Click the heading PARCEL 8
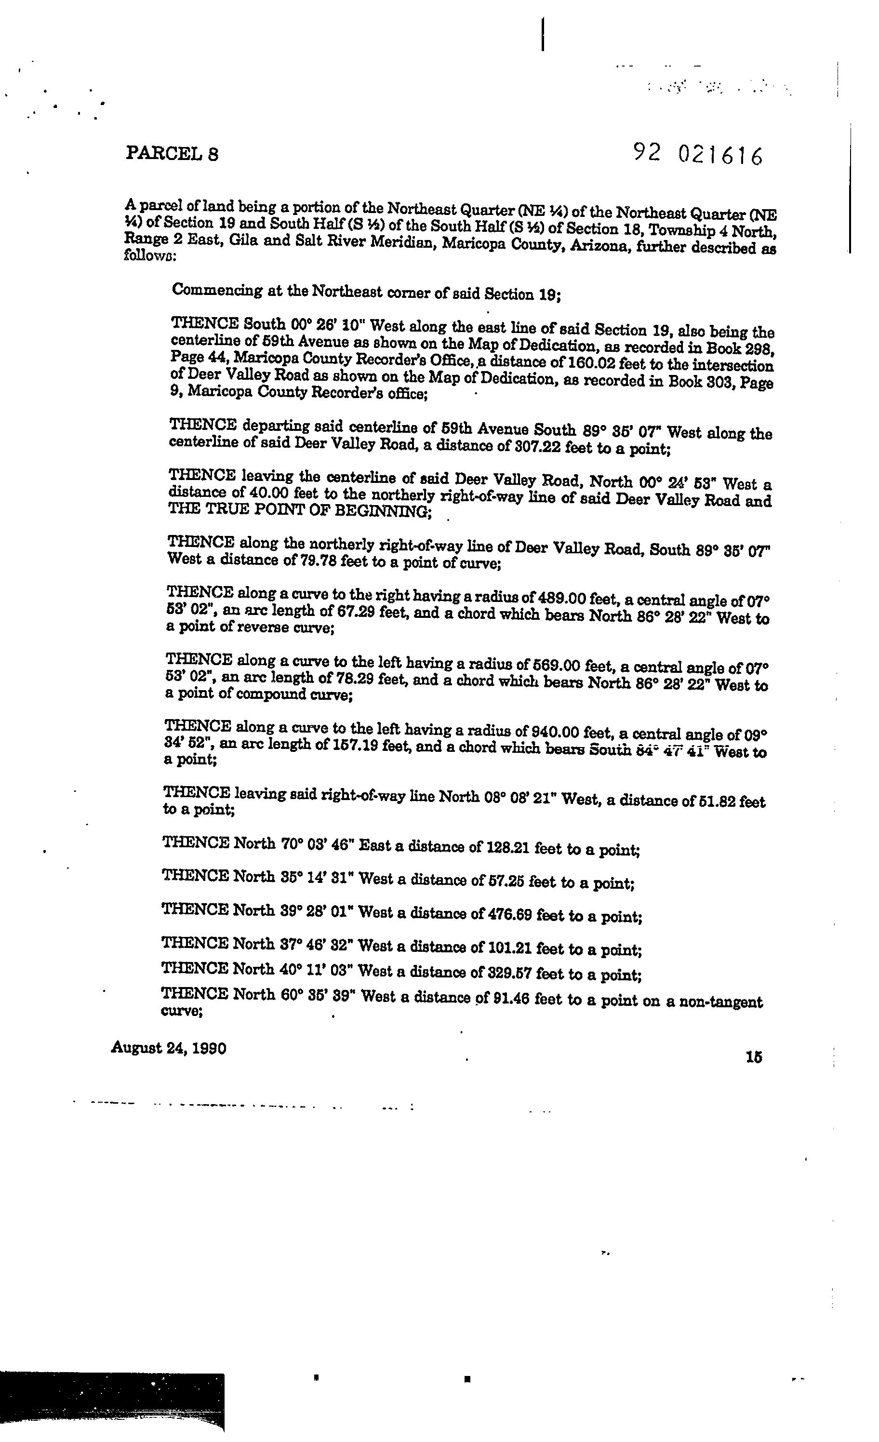pos(172,153)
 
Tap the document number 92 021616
pos(698,155)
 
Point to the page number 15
pos(754,1057)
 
